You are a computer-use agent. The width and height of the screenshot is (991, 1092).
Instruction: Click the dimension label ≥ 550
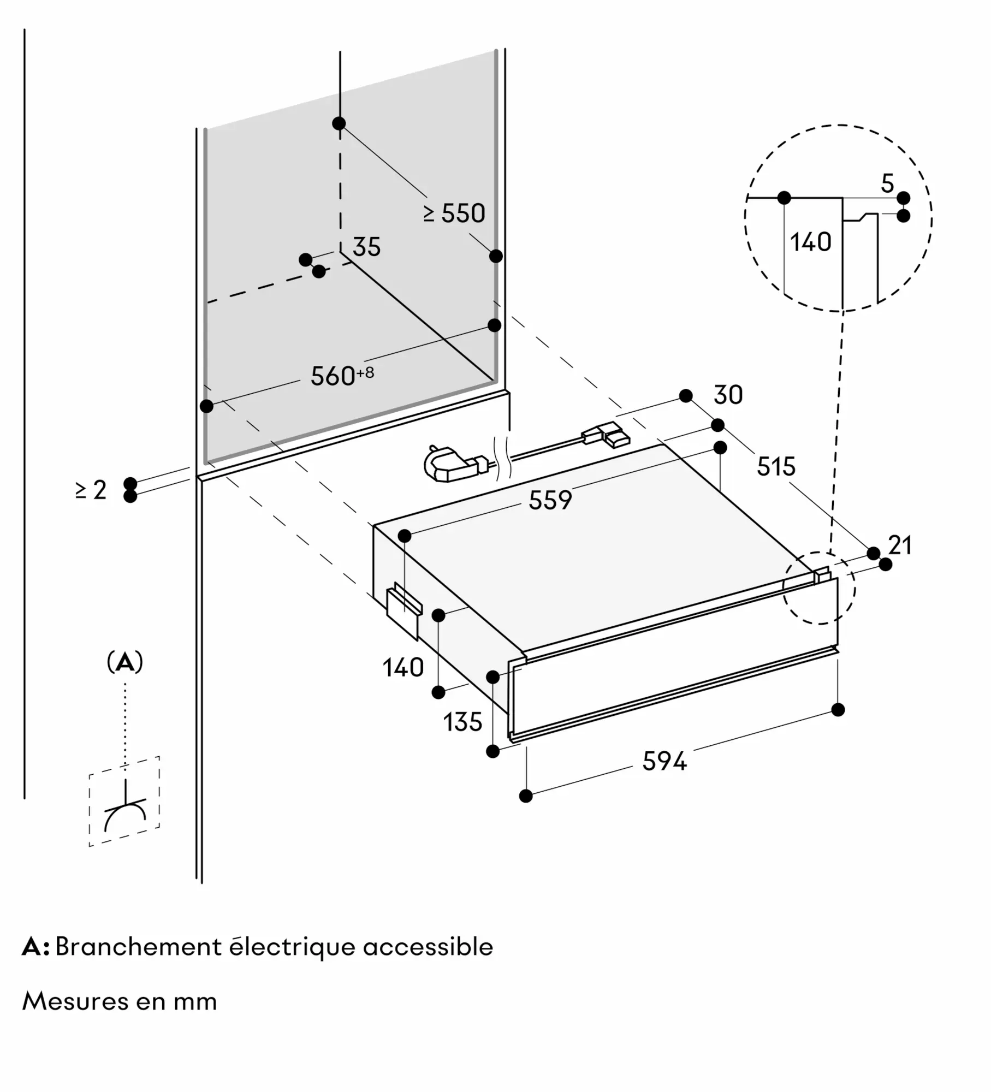(x=454, y=213)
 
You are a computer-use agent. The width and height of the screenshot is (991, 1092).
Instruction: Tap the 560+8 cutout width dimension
(x=342, y=376)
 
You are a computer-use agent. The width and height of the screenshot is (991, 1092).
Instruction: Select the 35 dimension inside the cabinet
(x=366, y=247)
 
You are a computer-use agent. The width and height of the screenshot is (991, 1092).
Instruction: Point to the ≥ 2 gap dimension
(x=91, y=490)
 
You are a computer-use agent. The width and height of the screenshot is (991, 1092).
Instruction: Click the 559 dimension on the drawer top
(x=550, y=500)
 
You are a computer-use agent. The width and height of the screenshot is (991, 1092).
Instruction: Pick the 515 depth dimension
(x=776, y=467)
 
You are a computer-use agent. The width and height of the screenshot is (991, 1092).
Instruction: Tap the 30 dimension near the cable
(x=728, y=395)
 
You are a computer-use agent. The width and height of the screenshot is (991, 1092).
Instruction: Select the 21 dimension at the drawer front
(x=900, y=545)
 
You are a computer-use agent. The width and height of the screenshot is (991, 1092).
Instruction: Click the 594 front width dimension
(x=664, y=761)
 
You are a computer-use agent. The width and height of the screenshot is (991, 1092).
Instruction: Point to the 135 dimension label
(x=462, y=722)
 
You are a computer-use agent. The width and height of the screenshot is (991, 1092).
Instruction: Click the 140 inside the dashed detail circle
(x=811, y=242)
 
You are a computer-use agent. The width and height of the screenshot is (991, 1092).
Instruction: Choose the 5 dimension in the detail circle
(x=888, y=183)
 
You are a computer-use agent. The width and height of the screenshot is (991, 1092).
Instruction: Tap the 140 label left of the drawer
(x=403, y=668)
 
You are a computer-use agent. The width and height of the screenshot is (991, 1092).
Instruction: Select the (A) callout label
(x=125, y=662)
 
